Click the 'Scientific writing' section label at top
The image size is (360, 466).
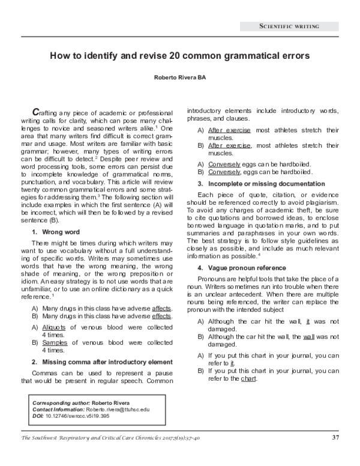tap(289, 26)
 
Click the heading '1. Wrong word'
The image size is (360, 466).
tap(55, 214)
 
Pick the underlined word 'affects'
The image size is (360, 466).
tap(161, 308)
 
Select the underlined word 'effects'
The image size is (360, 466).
tap(161, 316)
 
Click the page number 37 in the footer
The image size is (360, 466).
tap(335, 437)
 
